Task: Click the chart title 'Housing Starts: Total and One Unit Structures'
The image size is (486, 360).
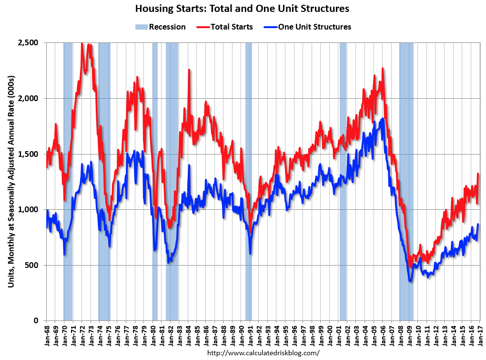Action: coord(242,9)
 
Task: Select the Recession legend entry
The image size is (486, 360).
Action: coord(161,27)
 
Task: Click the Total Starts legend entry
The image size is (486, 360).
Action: coord(225,27)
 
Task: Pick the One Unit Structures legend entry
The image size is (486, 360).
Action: coord(307,27)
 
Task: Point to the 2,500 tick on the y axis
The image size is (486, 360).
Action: coord(29,43)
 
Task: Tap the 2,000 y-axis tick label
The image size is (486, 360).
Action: coord(29,98)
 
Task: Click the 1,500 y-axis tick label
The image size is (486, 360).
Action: coord(29,154)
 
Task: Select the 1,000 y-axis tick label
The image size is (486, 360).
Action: coord(29,209)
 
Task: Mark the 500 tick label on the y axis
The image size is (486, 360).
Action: coord(32,265)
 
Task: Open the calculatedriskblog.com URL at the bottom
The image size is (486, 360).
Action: coord(263,353)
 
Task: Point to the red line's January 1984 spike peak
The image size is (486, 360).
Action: coord(189,70)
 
